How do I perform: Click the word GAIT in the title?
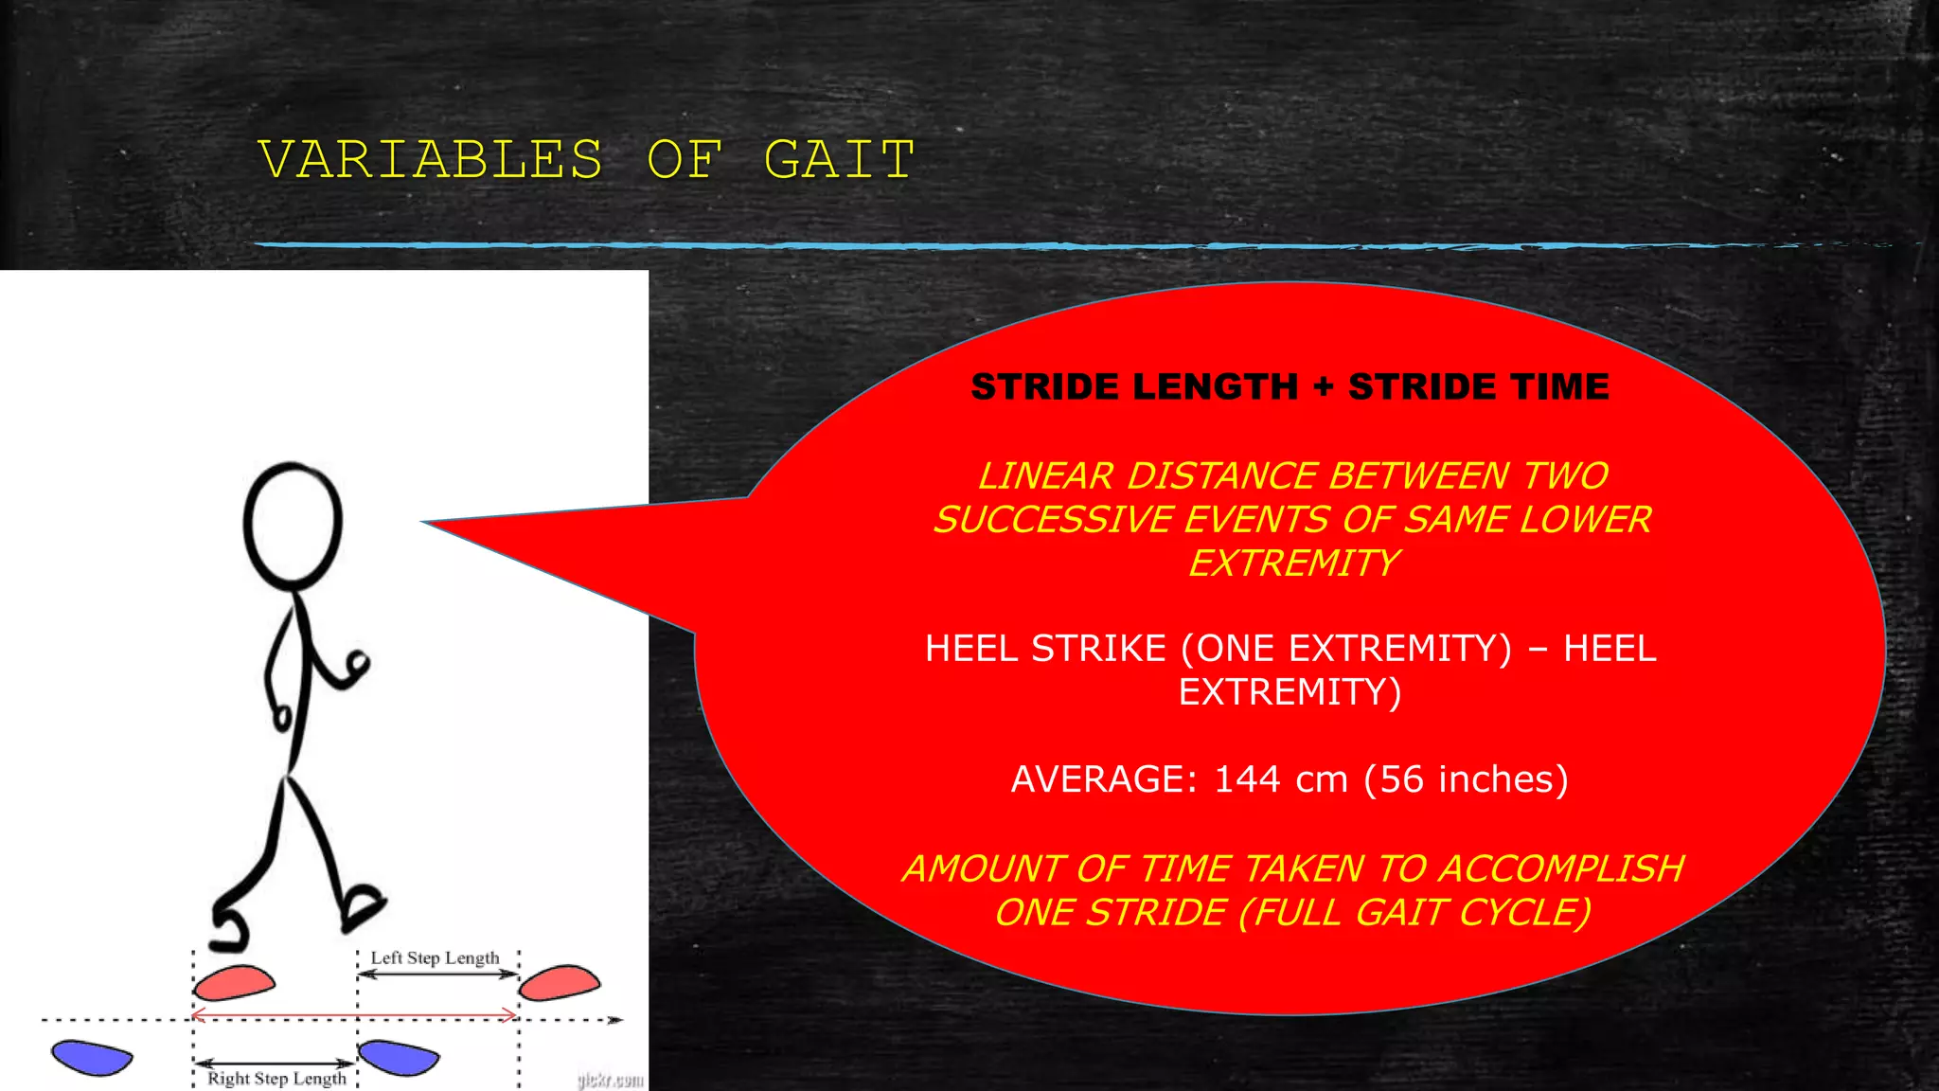(839, 159)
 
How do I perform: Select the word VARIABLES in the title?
(431, 159)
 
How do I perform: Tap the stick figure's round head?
(293, 524)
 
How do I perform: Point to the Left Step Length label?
(435, 957)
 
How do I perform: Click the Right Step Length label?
(276, 1078)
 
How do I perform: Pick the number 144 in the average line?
(1247, 779)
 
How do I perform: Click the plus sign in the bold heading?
(1323, 386)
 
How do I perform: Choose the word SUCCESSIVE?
(1053, 519)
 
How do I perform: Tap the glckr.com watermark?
(611, 1080)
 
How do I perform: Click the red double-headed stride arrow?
(355, 1015)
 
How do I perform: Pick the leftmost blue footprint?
(92, 1057)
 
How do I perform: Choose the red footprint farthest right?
(560, 983)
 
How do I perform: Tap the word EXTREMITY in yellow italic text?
(1293, 563)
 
